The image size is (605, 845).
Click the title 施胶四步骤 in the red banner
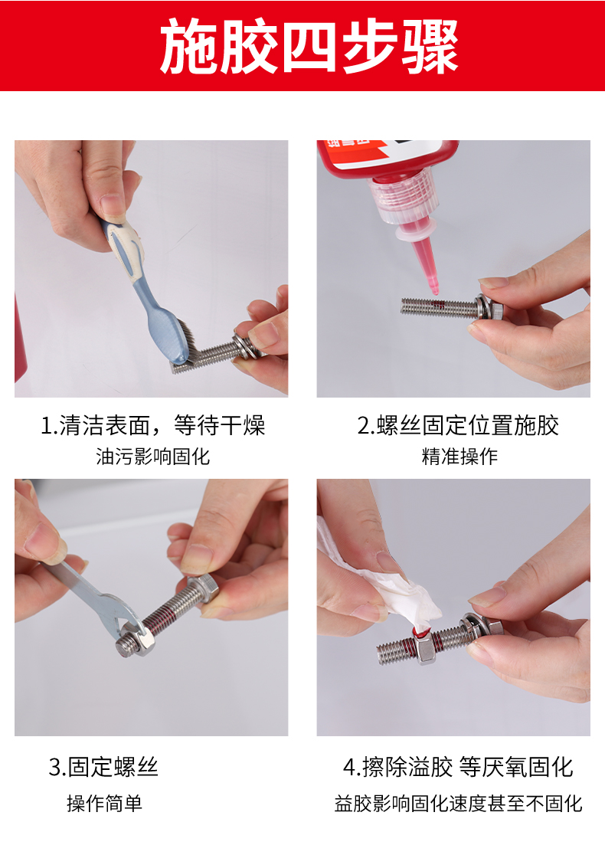tap(309, 46)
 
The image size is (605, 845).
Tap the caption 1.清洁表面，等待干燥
tap(153, 425)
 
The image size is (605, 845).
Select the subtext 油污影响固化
tap(153, 457)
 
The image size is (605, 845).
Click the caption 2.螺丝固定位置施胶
tap(458, 425)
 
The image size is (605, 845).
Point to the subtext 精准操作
tap(459, 457)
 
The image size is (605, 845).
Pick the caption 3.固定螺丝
tap(103, 767)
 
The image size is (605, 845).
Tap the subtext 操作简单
tap(104, 803)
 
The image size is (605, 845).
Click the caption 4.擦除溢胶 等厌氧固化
tap(458, 767)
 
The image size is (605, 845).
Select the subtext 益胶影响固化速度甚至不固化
tap(459, 803)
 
